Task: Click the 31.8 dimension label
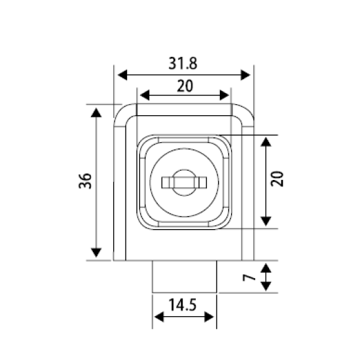click(183, 63)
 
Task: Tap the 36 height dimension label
click(85, 181)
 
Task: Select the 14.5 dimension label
click(183, 305)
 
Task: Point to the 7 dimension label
click(249, 278)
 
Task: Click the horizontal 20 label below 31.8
click(185, 86)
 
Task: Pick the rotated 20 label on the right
click(277, 179)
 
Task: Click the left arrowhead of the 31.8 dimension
click(122, 75)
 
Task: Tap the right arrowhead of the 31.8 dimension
click(245, 75)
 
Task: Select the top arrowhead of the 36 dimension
click(96, 113)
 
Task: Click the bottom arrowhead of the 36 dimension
click(96, 253)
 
